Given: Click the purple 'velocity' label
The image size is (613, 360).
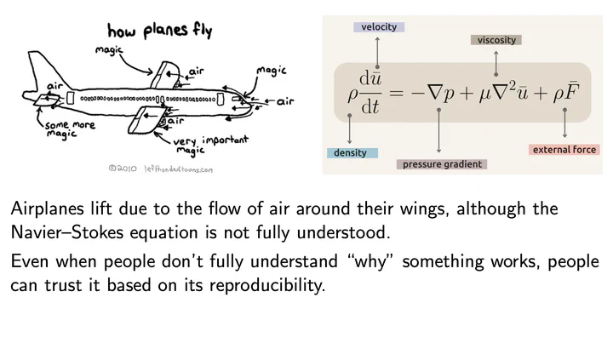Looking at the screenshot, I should pyautogui.click(x=379, y=27).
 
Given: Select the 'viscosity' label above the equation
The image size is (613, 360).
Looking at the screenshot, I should pyautogui.click(x=496, y=40).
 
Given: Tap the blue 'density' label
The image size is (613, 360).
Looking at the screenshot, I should pyautogui.click(x=350, y=153).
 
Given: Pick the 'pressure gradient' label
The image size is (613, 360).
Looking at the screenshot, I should pyautogui.click(x=442, y=164).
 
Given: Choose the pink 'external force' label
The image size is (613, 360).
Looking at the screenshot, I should pyautogui.click(x=564, y=150).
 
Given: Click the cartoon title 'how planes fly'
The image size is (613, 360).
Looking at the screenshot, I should pyautogui.click(x=159, y=31).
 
